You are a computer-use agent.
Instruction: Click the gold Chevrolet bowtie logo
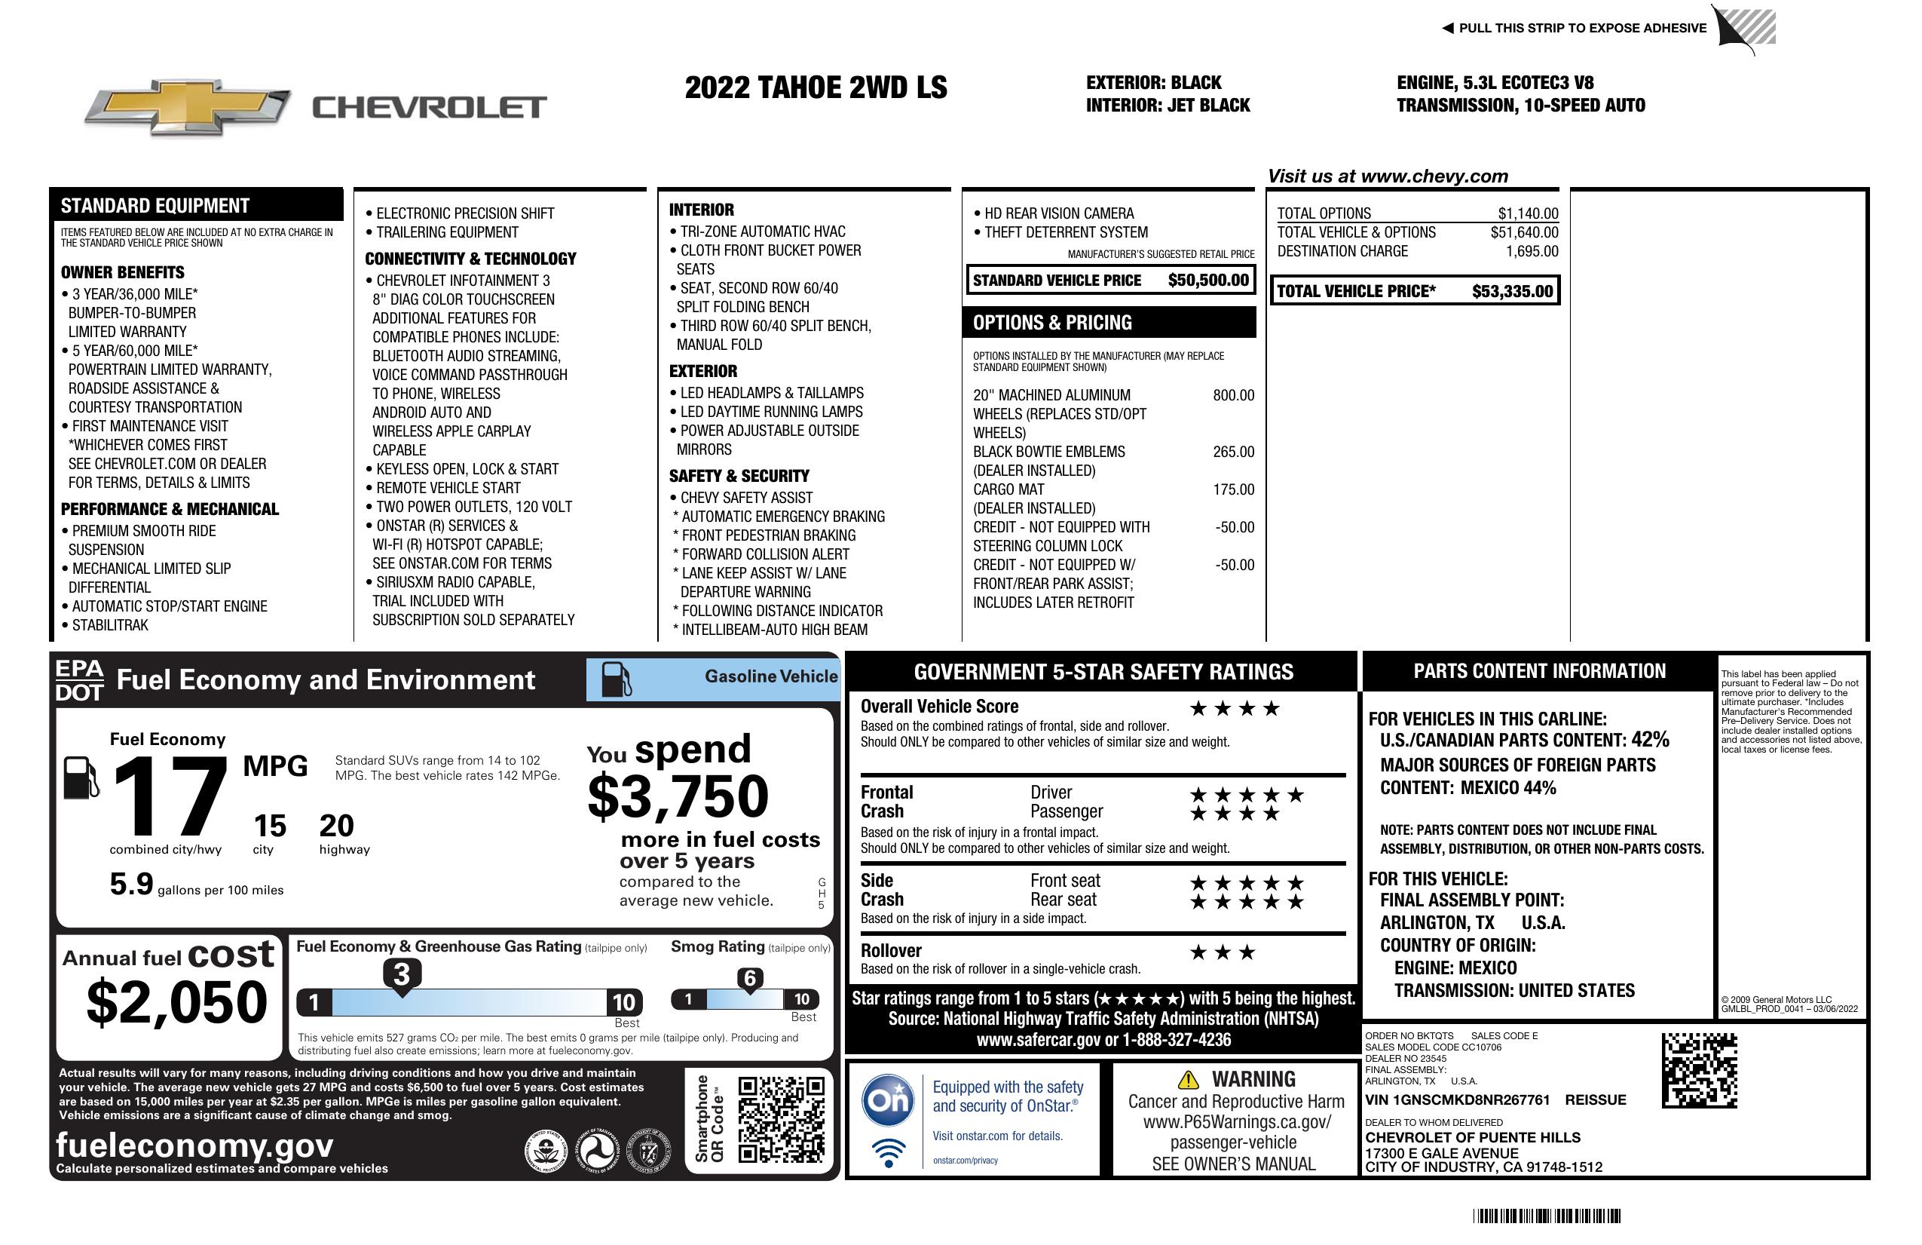(x=188, y=107)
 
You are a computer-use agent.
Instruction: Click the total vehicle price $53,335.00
(x=1512, y=292)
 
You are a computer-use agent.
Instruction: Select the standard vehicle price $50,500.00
(x=1208, y=281)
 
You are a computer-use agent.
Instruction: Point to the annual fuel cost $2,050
(x=176, y=1002)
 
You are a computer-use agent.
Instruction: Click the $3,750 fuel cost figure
(x=678, y=796)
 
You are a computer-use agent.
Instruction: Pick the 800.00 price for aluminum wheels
(x=1233, y=395)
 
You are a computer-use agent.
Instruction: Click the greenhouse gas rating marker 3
(x=401, y=974)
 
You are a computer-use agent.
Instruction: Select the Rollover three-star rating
(x=1223, y=952)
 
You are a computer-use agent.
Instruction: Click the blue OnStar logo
(x=888, y=1099)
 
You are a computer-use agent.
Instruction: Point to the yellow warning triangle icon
(x=1188, y=1079)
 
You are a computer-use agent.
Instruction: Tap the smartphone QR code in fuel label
(x=781, y=1119)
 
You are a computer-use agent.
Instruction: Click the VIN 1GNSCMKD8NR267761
(x=1458, y=1099)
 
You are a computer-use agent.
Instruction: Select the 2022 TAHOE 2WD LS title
(x=816, y=87)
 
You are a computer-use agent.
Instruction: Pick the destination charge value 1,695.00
(x=1532, y=251)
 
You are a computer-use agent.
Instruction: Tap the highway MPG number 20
(x=337, y=826)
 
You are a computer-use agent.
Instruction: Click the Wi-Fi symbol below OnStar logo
(x=889, y=1152)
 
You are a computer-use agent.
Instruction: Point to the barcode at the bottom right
(x=1547, y=1216)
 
